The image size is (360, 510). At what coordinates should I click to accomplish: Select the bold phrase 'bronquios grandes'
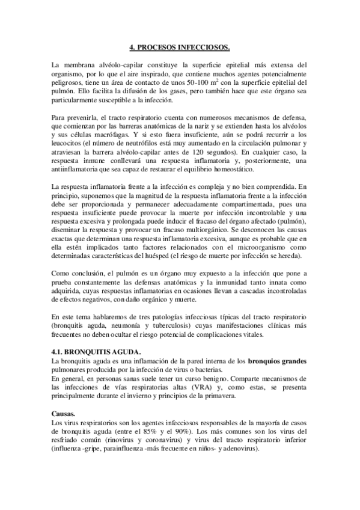(x=277, y=361)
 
